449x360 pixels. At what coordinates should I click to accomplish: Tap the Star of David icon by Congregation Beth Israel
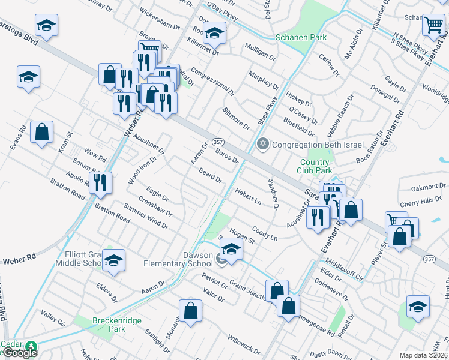pos(262,144)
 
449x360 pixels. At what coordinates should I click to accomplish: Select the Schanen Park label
pos(300,37)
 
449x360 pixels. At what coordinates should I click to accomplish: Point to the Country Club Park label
pos(315,166)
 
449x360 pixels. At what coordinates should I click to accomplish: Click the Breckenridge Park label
pos(117,325)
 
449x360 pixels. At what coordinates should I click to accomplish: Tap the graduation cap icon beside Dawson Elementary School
pos(231,248)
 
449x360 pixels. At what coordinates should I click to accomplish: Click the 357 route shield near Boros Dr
pos(218,143)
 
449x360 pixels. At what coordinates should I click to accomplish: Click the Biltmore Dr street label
pos(235,119)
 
